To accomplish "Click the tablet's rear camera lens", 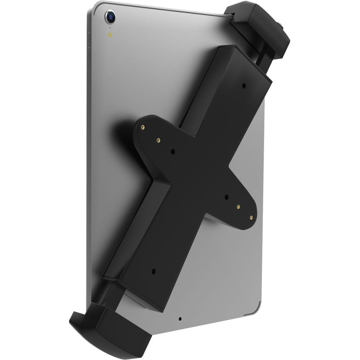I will (x=109, y=17).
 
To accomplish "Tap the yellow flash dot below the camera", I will (x=110, y=34).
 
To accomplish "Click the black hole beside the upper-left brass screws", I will (x=173, y=152).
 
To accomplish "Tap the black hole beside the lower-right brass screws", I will (x=226, y=197).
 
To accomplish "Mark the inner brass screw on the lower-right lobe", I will (x=238, y=207).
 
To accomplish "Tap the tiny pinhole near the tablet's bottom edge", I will (x=181, y=320).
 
